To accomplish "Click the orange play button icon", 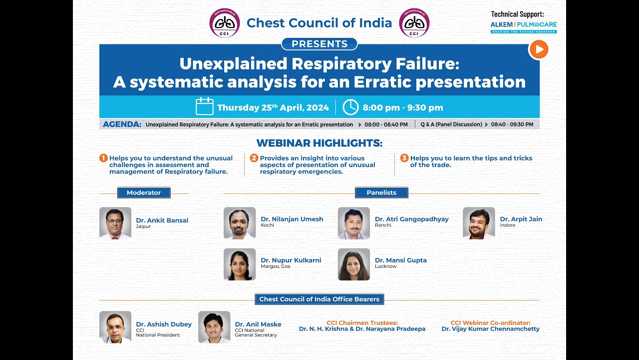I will pos(539,49).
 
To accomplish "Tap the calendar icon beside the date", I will pos(205,106).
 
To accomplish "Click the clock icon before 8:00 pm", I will pos(350,107).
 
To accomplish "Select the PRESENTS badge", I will pos(319,44).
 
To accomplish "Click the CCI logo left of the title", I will pos(225,23).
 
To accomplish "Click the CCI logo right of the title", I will pos(414,23).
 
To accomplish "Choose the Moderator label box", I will pos(144,192).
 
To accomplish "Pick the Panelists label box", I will pos(381,192).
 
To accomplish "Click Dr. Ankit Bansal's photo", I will pos(115,223).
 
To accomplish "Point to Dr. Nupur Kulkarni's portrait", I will pos(240,264).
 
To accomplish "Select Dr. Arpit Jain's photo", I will pos(479,223).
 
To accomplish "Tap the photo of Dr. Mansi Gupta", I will pos(354,264).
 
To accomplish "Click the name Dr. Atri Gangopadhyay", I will pos(412,219).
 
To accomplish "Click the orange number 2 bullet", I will pos(254,158).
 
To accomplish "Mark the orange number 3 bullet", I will pos(404,158).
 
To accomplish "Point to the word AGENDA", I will pos(122,124).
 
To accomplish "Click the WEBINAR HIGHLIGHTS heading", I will pos(319,143).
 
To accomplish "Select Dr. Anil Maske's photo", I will pos(214,327).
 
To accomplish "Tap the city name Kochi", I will pos(267,225).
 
